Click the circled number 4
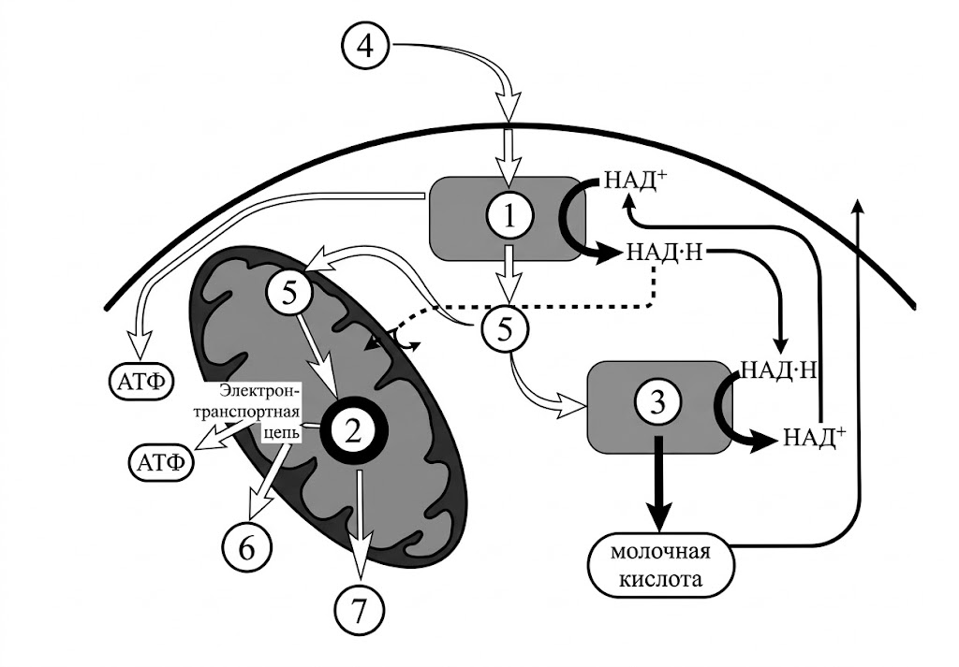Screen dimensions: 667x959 (x=372, y=47)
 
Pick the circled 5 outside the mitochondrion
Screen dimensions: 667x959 (x=506, y=330)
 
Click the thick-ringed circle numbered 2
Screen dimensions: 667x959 (x=352, y=429)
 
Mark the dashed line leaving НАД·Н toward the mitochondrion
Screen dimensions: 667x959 (x=562, y=304)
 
